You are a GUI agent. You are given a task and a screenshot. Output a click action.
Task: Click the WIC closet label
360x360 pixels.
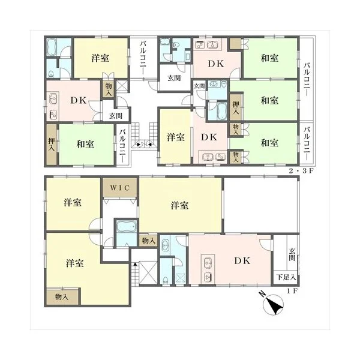(x=120, y=188)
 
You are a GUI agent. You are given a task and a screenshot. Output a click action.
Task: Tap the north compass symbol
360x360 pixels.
(x=273, y=304)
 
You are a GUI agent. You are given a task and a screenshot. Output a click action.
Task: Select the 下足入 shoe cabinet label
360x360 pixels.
(x=286, y=277)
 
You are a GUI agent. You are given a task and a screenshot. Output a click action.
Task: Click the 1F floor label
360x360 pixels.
(x=292, y=291)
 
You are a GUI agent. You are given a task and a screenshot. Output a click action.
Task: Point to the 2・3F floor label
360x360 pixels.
(x=301, y=171)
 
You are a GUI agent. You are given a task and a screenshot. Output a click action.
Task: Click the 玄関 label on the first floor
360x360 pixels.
(x=292, y=254)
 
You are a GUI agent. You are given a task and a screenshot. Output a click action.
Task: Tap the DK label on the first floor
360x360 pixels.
(x=242, y=260)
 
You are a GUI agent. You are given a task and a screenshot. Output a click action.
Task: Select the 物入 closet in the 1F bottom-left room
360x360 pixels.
(x=62, y=296)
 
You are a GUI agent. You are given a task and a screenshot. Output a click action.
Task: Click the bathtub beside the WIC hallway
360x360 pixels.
(x=127, y=226)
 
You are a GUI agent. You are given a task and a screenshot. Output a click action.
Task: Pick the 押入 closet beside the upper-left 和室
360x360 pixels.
(x=52, y=145)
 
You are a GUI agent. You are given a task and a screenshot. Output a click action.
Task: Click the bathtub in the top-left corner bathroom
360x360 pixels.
(x=52, y=47)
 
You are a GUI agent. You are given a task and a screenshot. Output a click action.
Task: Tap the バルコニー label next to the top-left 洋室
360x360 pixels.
(x=143, y=58)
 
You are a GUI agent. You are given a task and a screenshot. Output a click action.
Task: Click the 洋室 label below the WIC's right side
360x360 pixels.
(x=179, y=205)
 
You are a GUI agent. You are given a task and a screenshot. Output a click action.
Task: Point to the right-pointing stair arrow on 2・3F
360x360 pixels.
(x=139, y=145)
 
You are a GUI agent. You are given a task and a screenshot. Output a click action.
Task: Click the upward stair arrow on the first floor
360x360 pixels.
(x=135, y=264)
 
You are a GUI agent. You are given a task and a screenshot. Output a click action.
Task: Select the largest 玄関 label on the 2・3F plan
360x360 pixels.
(x=174, y=78)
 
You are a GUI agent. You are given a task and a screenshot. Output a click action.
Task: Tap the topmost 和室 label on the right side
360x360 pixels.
(x=269, y=58)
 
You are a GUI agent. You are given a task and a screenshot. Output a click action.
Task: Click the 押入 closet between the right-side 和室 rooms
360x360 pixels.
(x=236, y=107)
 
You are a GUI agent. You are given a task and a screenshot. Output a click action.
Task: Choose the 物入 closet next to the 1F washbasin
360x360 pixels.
(x=149, y=241)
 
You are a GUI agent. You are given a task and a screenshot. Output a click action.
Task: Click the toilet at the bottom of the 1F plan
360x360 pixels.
(x=166, y=280)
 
